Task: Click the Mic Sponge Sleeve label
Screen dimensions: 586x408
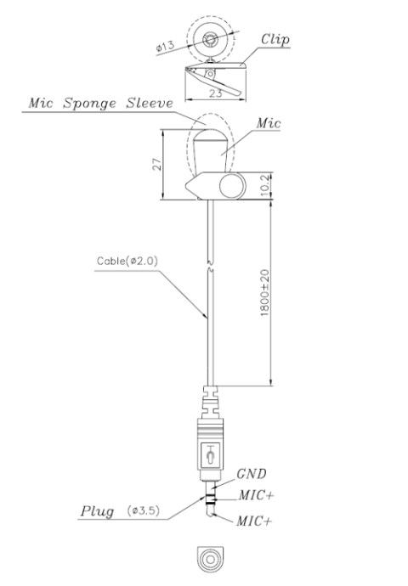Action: (x=101, y=103)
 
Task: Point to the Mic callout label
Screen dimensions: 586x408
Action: (x=269, y=123)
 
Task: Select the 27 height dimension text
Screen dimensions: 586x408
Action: (x=155, y=164)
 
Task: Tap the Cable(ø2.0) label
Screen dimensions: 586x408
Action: (x=124, y=260)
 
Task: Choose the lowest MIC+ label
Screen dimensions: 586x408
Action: (x=253, y=519)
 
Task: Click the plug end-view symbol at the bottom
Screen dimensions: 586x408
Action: (x=209, y=557)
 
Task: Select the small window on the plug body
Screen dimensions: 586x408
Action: (x=209, y=456)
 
